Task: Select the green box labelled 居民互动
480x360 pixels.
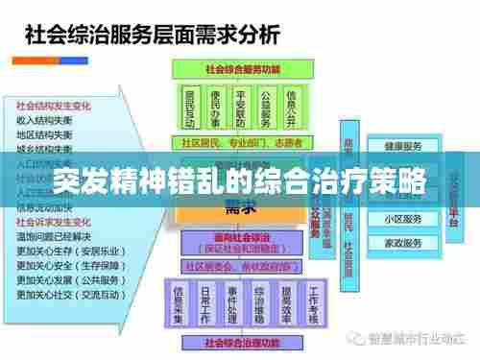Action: pyautogui.click(x=191, y=108)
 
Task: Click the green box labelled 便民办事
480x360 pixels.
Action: pyautogui.click(x=216, y=108)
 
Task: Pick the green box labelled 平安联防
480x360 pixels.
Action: pyautogui.click(x=242, y=108)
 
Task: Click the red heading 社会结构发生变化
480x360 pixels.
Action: pyautogui.click(x=54, y=104)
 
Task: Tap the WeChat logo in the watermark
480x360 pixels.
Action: pyautogui.click(x=357, y=338)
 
